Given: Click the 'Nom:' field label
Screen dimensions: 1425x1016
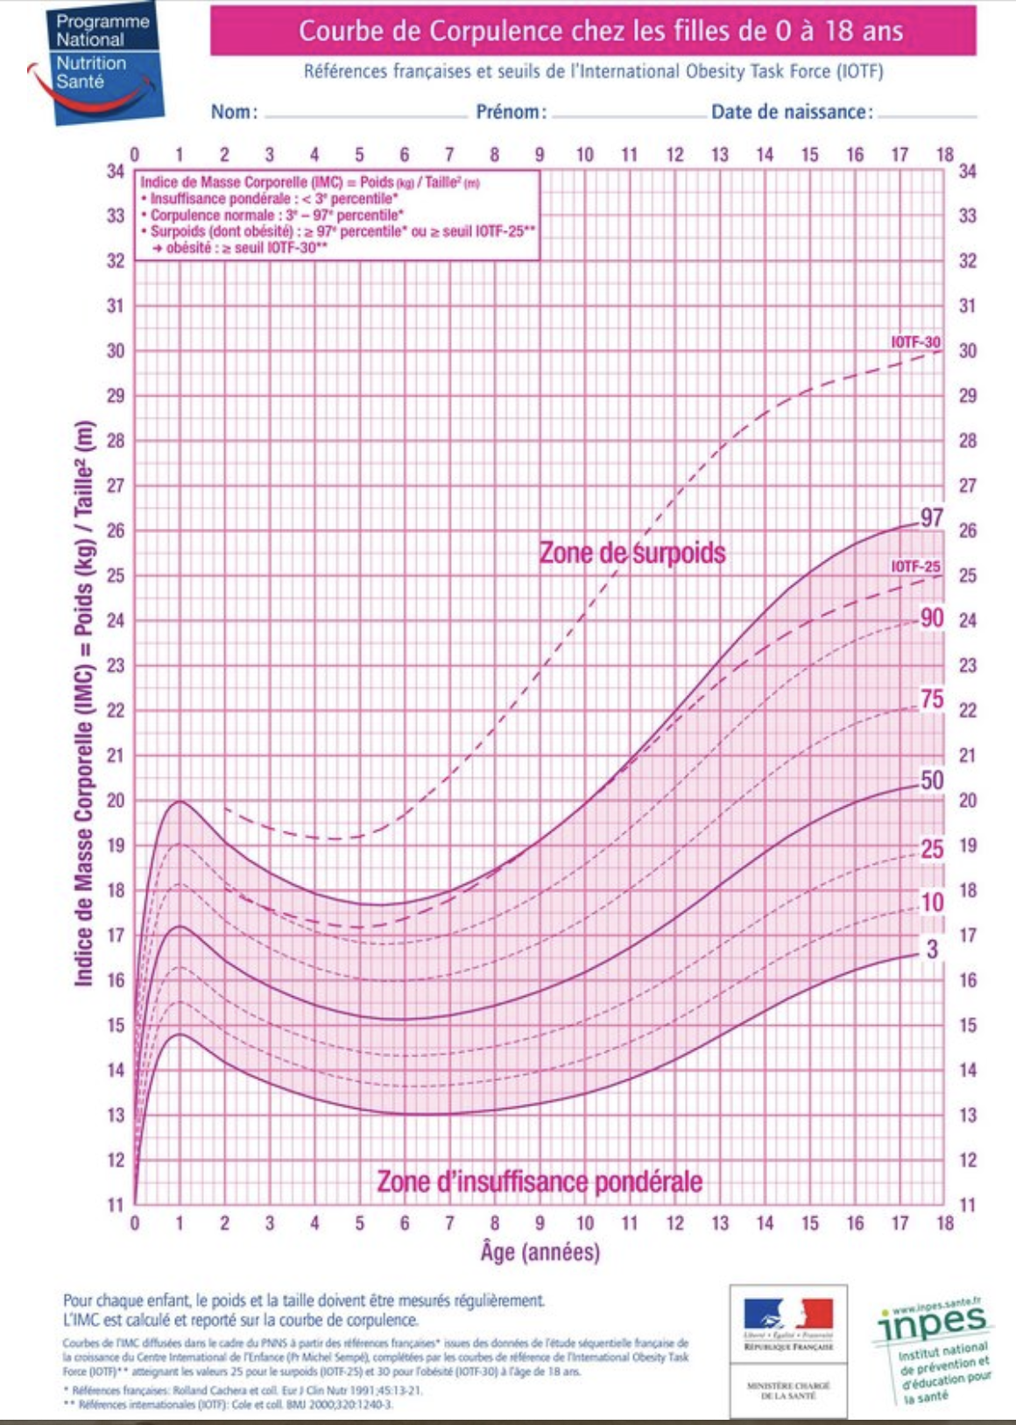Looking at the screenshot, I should coord(234,112).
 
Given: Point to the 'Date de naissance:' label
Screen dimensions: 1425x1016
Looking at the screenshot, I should coord(792,112).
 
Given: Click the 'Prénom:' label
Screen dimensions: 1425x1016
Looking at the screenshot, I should coord(511,112).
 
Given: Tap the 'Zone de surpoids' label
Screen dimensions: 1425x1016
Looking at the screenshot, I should coord(631,553).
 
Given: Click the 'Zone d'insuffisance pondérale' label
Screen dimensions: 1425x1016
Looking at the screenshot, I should coord(540,1182).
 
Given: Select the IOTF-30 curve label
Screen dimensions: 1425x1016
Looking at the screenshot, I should coord(915,342).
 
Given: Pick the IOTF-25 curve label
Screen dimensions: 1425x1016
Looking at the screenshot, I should coord(915,567).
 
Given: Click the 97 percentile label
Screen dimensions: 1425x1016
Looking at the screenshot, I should coord(931,517).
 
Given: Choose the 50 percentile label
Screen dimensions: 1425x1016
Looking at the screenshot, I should coord(932,780).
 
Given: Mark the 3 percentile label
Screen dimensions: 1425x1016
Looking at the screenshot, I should coord(932,949).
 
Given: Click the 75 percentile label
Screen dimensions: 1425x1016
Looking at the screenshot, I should coord(932,698).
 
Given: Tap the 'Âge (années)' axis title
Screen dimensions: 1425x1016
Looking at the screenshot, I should coord(540,1253).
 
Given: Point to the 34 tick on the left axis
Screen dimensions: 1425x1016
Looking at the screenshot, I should coord(116,172).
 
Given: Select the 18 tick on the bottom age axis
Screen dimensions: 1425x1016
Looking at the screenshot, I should coord(944,1223).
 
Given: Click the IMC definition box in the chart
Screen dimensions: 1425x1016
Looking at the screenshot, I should coord(338,215).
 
